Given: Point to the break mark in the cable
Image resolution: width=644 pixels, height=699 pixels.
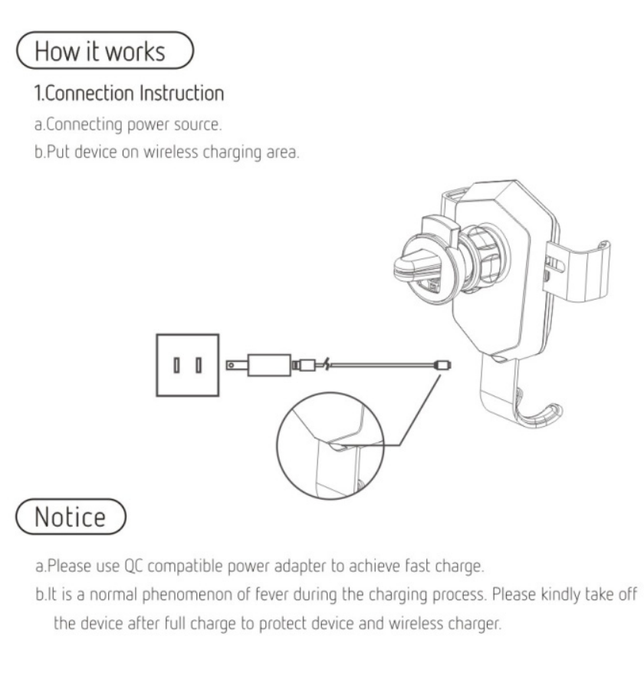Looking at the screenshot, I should pyautogui.click(x=328, y=363).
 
